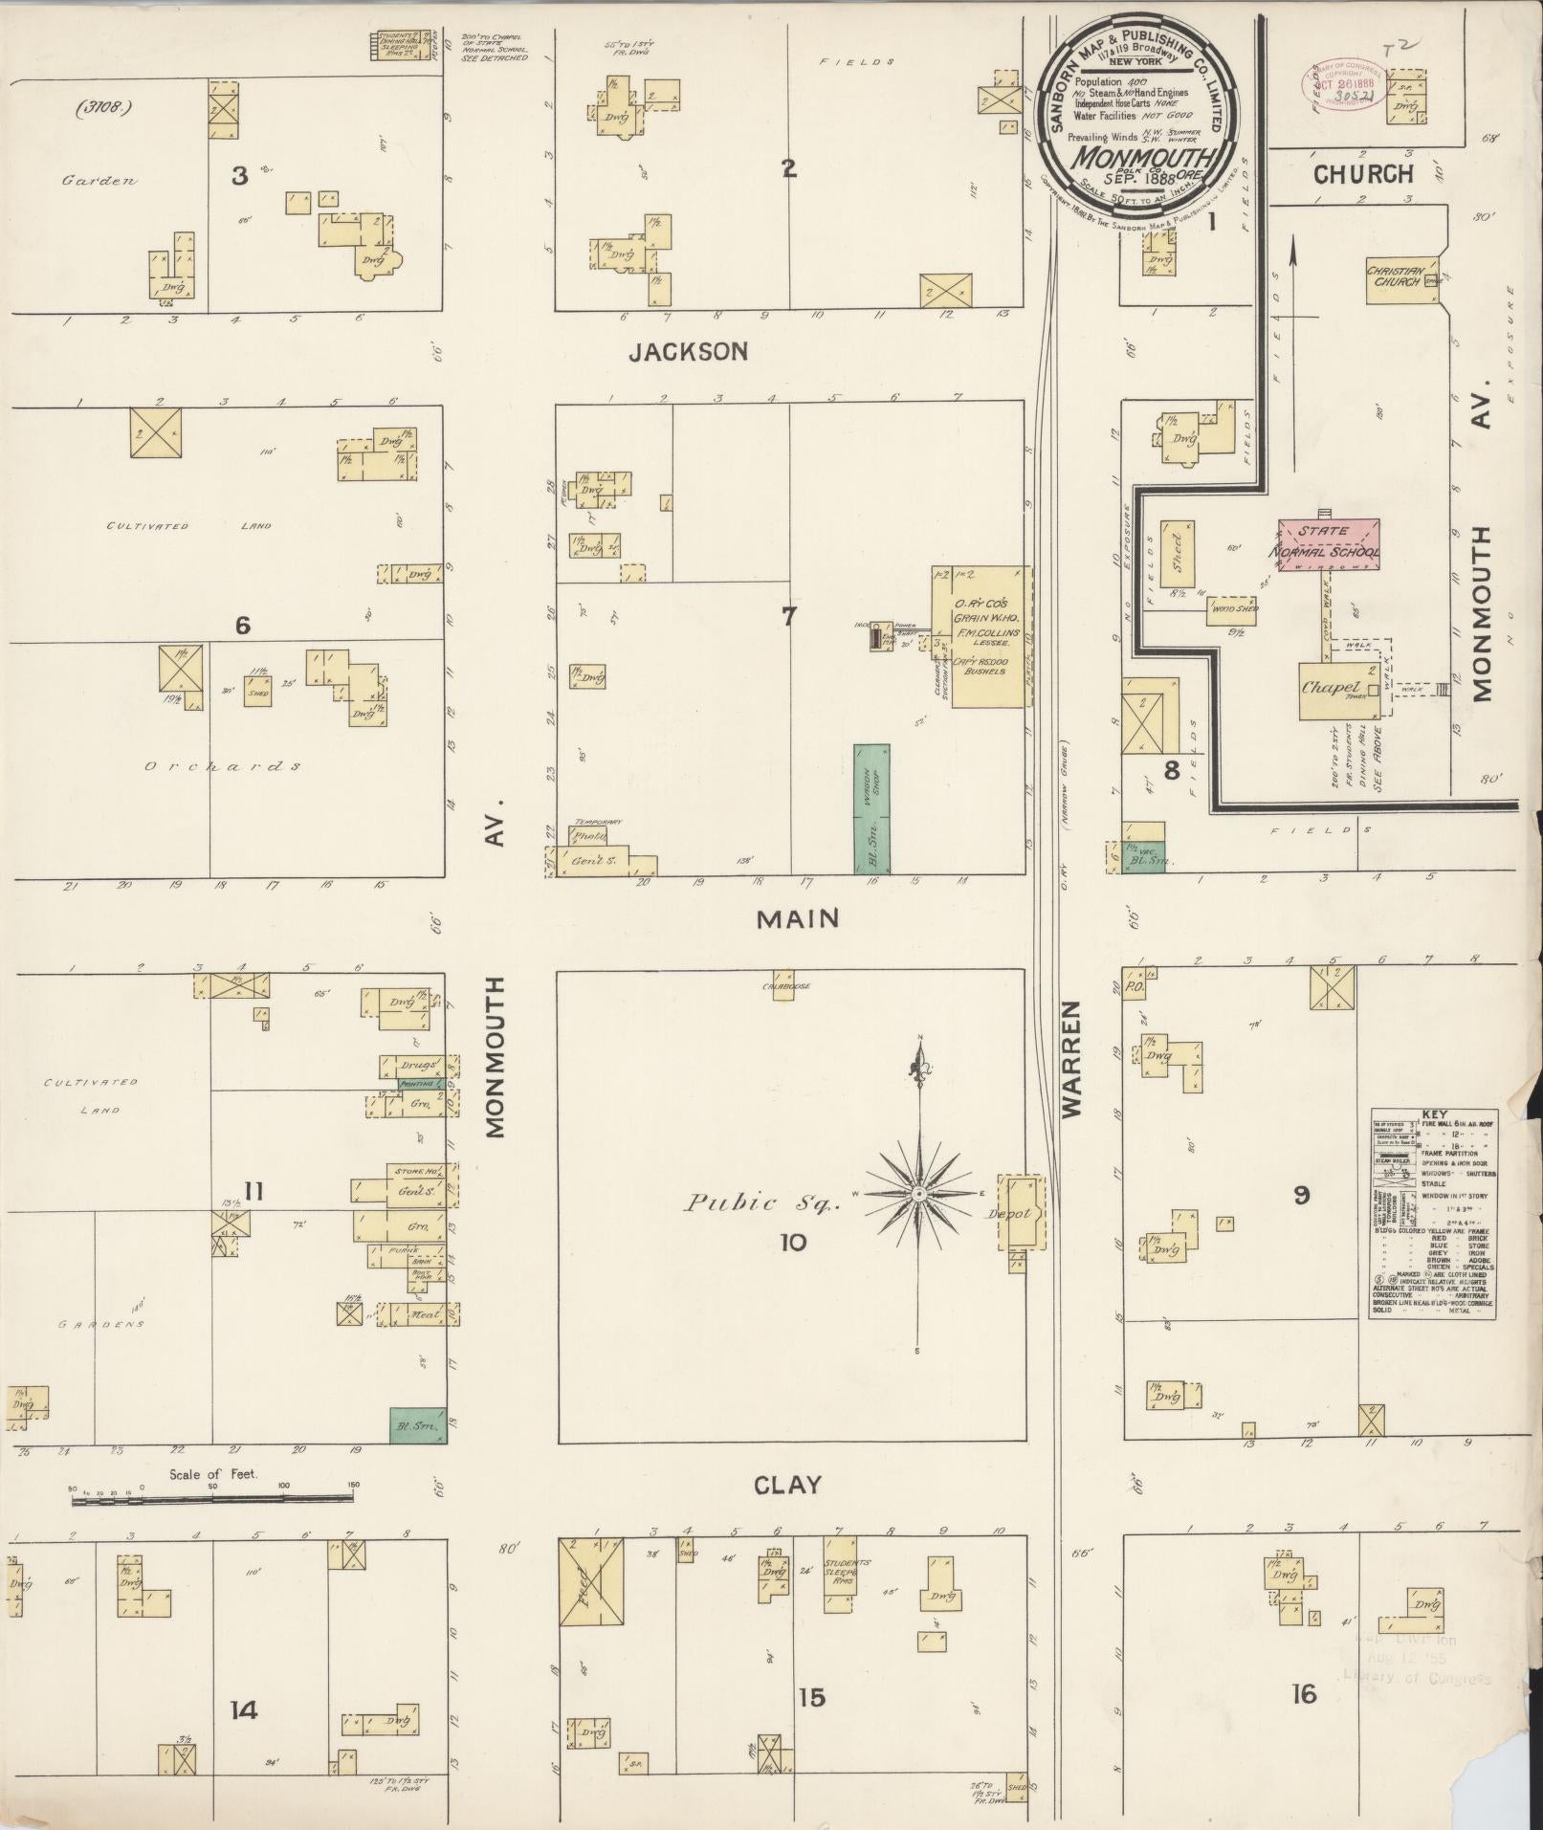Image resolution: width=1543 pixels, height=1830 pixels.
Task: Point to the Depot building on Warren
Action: click(1020, 1213)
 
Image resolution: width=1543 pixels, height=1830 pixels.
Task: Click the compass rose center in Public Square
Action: click(917, 1194)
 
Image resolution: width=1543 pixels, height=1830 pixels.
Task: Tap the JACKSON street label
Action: click(688, 352)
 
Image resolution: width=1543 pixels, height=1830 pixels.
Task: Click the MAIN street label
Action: click(797, 919)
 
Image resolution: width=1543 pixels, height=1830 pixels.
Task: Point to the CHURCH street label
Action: click(1362, 174)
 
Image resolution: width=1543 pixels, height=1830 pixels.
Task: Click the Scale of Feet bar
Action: click(212, 1501)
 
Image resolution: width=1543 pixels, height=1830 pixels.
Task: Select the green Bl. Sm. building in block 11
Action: click(418, 1424)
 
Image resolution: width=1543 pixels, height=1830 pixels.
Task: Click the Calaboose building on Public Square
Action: click(783, 986)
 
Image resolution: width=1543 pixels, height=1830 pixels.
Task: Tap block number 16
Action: click(1303, 1694)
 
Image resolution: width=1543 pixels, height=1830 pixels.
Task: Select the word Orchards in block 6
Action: click(224, 766)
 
